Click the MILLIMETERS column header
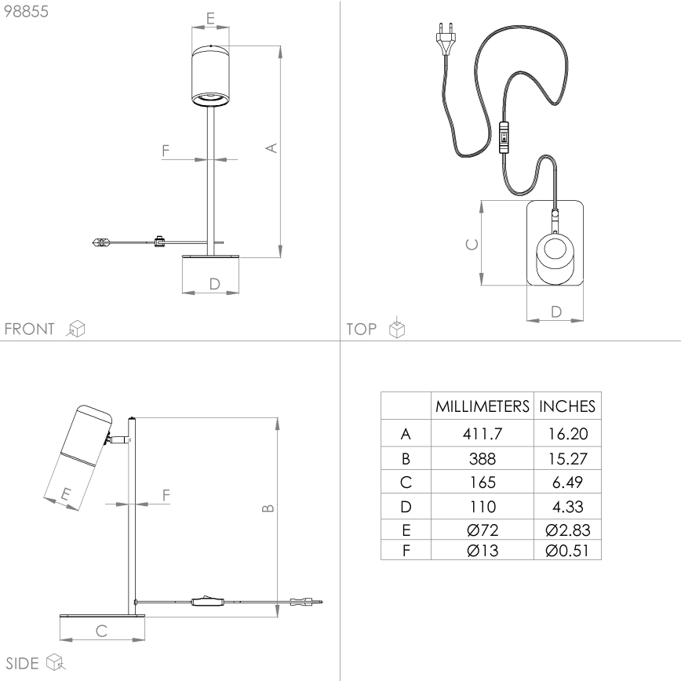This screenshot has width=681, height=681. (482, 406)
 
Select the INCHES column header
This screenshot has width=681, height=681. (567, 406)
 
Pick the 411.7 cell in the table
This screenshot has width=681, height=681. (482, 433)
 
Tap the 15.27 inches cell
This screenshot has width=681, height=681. (567, 457)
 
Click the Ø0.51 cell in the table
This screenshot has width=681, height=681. (567, 550)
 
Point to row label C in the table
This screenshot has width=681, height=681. (405, 482)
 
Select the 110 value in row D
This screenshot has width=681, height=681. (482, 505)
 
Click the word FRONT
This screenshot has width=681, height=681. (30, 329)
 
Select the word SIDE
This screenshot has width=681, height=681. (22, 663)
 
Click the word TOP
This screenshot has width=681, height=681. (362, 329)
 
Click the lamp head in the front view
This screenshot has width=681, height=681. (210, 75)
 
